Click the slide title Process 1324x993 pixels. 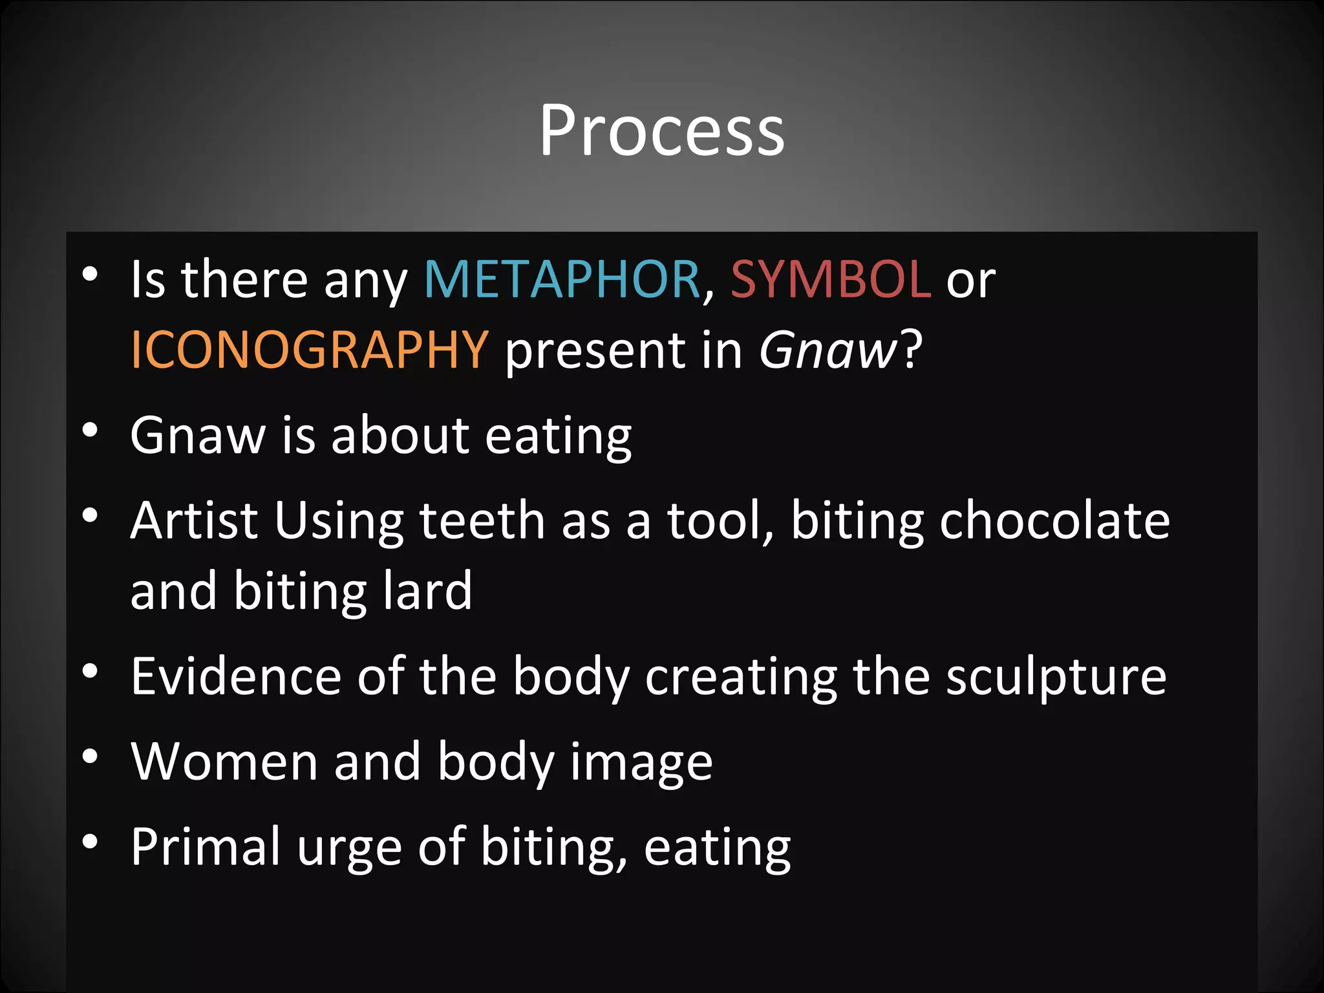click(662, 131)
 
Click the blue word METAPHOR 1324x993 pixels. click(562, 279)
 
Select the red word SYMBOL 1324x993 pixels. click(831, 279)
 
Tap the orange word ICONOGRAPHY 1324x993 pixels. click(309, 350)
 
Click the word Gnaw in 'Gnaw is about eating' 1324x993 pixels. click(198, 435)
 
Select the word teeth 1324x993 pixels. click(482, 520)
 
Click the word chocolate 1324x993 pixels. click(1054, 520)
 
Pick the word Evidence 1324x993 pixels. click(236, 676)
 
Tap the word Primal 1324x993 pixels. click(206, 847)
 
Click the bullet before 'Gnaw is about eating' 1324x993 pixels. click(90, 431)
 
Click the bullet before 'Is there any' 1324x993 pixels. click(90, 274)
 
